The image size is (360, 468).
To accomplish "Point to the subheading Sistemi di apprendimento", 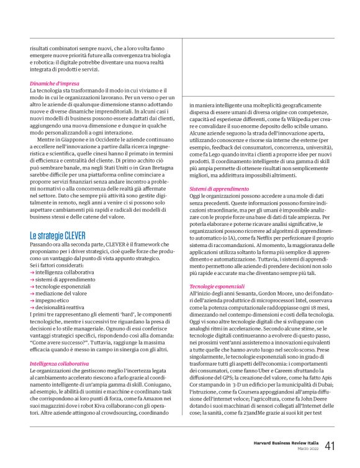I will pos(215,187).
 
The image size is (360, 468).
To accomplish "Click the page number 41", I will pos(331,446).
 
